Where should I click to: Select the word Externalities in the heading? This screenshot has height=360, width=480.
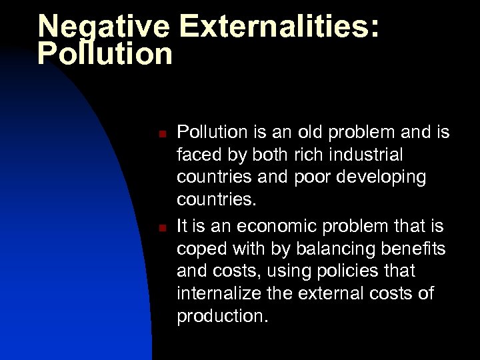pyautogui.click(x=278, y=27)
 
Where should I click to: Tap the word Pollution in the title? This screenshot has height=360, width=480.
pyautogui.click(x=105, y=53)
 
